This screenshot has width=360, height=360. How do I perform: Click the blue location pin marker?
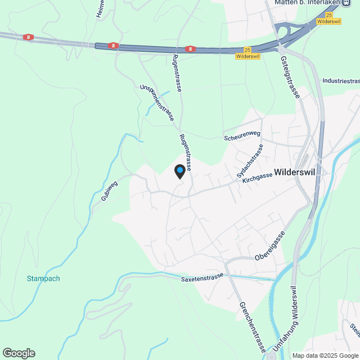pos(179,171)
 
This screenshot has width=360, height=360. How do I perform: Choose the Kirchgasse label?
pos(257,178)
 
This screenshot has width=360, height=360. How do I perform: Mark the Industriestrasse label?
pos(341,81)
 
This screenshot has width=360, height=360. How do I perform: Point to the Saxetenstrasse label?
pos(202,278)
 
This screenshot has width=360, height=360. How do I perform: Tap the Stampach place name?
pos(43,278)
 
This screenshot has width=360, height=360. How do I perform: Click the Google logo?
pos(19,353)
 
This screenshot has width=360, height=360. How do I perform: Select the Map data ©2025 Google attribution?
pos(325,355)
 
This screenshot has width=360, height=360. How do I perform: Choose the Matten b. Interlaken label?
pos(309,2)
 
